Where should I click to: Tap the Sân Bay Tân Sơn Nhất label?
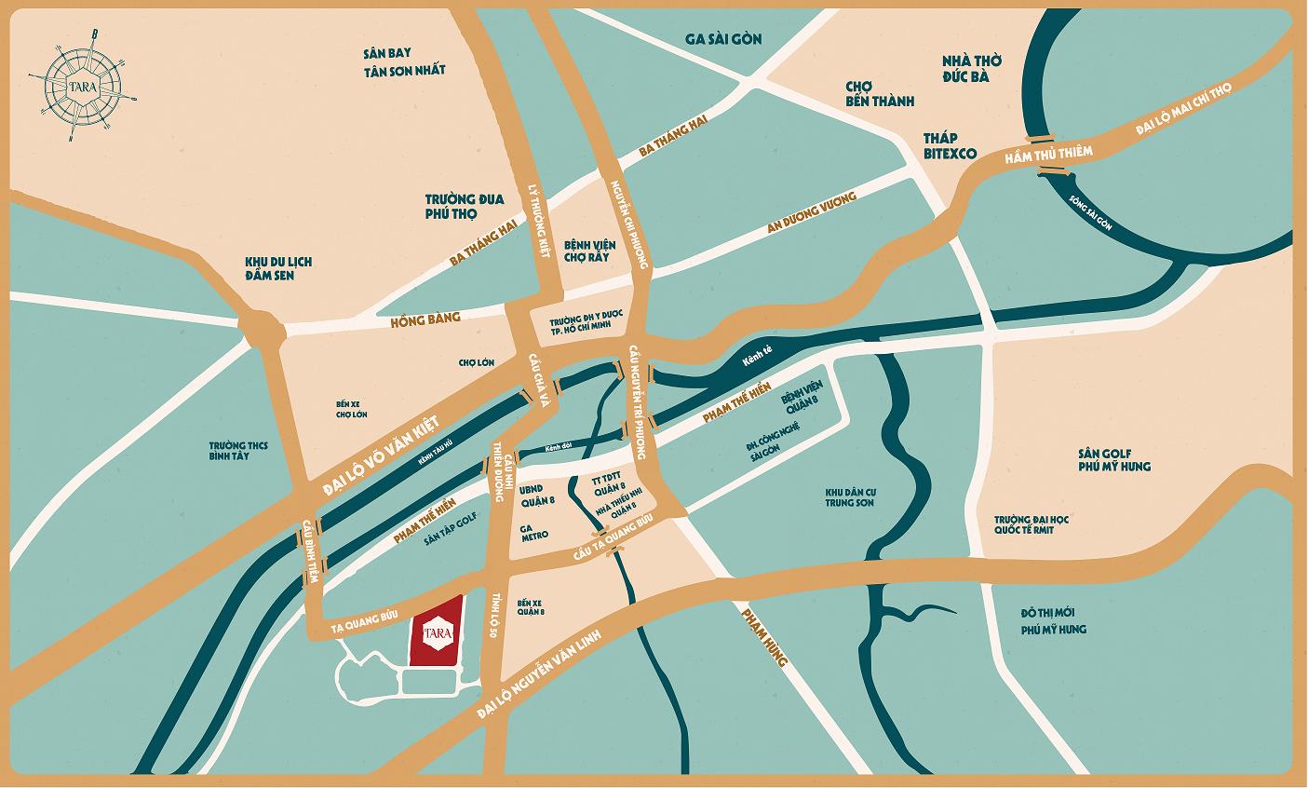point(405,61)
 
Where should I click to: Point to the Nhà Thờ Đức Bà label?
point(964,68)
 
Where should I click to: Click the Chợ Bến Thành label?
point(879,93)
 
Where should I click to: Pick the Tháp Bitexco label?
point(949,145)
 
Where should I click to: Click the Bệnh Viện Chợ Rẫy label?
point(587,250)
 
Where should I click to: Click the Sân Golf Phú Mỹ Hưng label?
point(1114,458)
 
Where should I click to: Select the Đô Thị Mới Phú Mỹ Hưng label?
point(1053,621)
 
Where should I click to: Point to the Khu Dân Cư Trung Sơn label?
point(851,498)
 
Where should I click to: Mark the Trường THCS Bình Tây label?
point(238,452)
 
